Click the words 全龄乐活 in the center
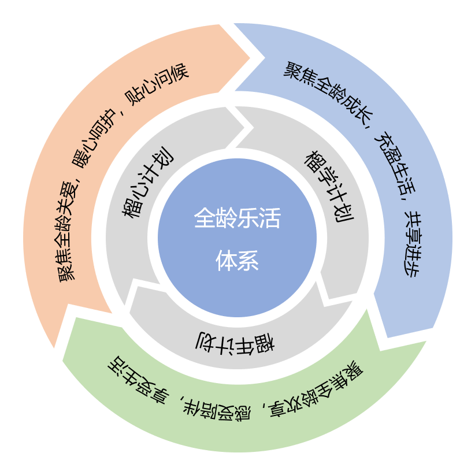[237, 220]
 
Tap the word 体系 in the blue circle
[237, 261]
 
